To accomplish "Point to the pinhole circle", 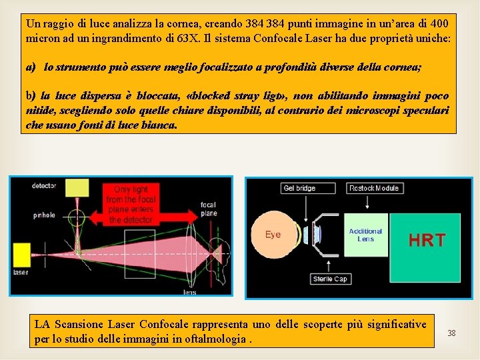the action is click(x=77, y=215).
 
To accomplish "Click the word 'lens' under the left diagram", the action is click(x=189, y=292).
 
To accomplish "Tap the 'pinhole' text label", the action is click(x=44, y=215).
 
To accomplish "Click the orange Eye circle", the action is click(x=274, y=234).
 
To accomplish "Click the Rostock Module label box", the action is click(x=373, y=188).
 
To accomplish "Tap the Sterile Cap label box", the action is click(x=330, y=279).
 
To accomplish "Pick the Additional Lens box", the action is click(x=365, y=235).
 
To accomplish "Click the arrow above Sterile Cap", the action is click(x=330, y=265).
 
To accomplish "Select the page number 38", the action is click(x=451, y=332).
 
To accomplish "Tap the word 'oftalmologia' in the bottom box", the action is click(x=217, y=339).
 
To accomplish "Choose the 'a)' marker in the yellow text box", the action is click(x=31, y=68).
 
